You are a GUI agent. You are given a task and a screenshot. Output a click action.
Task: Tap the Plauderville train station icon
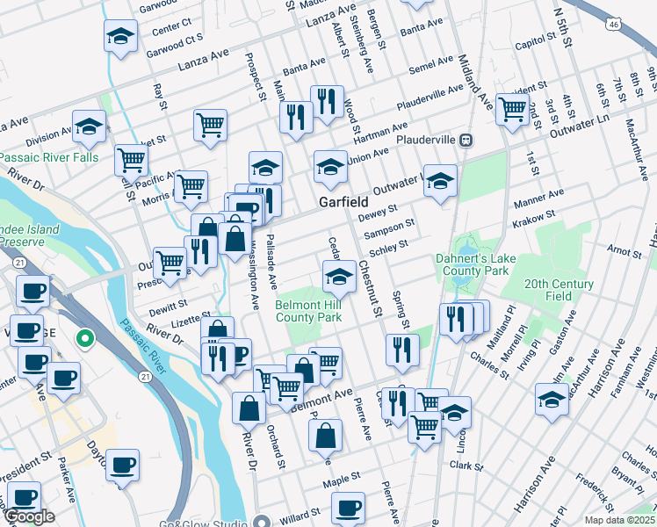(x=467, y=140)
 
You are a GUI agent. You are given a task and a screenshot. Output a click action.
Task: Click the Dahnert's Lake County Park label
(x=472, y=264)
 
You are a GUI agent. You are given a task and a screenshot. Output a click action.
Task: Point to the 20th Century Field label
(x=559, y=290)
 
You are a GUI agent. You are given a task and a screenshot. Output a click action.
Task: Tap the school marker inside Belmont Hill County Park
(x=339, y=278)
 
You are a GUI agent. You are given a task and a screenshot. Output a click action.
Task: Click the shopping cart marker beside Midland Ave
(x=512, y=109)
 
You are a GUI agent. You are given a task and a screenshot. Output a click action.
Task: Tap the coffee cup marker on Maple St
(x=349, y=508)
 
